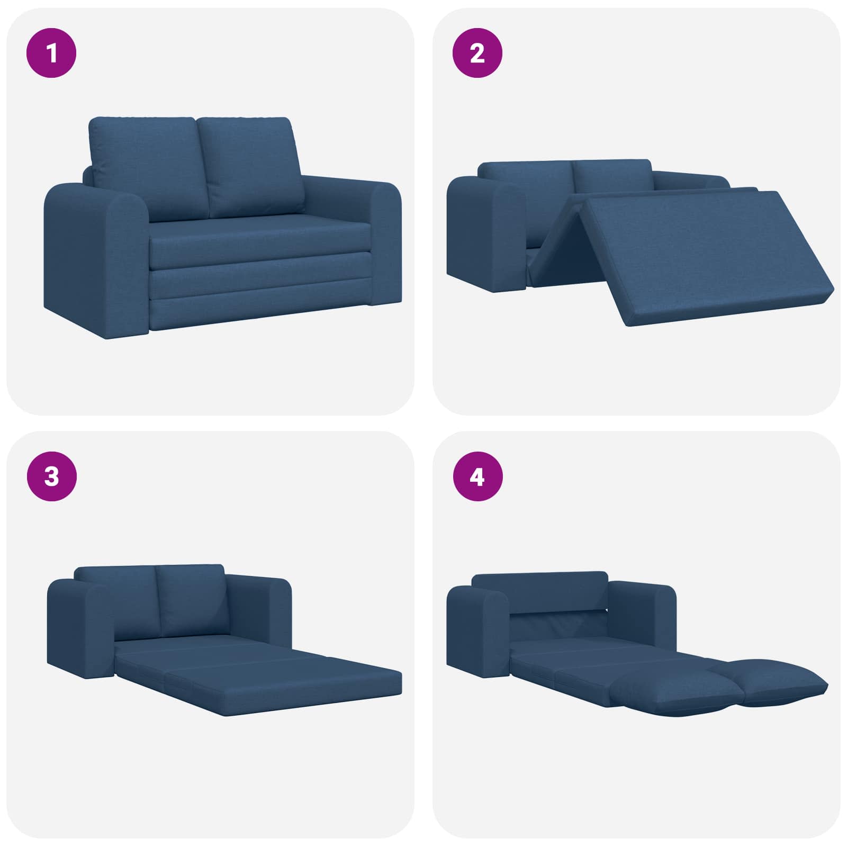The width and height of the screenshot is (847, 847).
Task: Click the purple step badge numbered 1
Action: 51,53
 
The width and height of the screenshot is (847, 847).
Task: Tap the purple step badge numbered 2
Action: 477,53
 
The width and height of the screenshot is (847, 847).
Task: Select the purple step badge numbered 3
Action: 51,476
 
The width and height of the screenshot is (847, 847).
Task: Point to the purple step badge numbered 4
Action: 477,476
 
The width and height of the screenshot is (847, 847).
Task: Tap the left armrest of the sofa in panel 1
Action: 95,259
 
